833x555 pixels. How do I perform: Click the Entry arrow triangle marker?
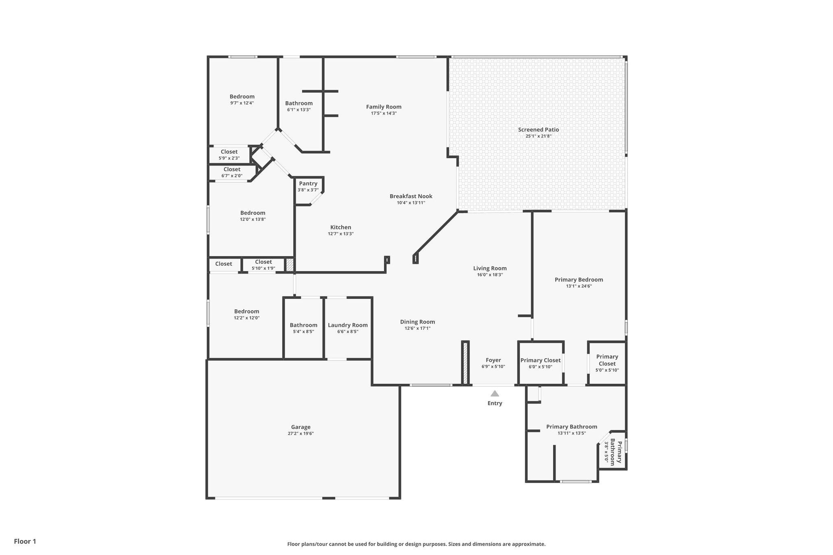click(495, 393)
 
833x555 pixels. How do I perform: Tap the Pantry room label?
click(308, 184)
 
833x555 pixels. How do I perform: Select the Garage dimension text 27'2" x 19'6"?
click(301, 433)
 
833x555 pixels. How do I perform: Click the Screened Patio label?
click(539, 130)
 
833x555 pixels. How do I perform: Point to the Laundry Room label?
click(348, 325)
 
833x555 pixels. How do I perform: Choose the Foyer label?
click(493, 360)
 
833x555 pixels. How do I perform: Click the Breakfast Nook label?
click(411, 196)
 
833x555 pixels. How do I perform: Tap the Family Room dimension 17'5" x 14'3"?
click(384, 113)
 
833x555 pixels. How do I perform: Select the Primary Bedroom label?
click(579, 280)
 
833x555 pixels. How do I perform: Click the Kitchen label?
click(341, 228)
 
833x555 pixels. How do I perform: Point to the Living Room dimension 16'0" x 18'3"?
click(490, 275)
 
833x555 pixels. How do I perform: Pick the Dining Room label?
click(418, 322)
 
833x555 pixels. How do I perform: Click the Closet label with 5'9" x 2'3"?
click(229, 152)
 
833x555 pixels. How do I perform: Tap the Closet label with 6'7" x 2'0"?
click(232, 170)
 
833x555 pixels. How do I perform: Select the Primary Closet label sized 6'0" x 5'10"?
click(541, 360)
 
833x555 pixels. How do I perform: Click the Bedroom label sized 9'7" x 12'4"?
click(242, 97)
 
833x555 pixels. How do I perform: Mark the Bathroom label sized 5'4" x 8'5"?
click(303, 325)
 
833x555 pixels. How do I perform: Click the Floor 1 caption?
click(25, 542)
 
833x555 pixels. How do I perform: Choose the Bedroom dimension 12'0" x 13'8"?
click(253, 220)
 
